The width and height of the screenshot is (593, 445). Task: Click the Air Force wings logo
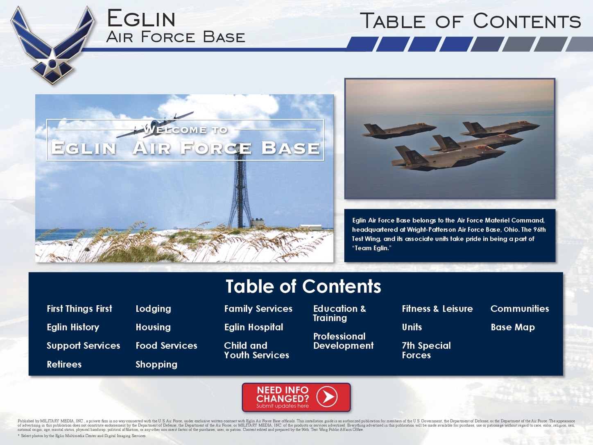(x=53, y=45)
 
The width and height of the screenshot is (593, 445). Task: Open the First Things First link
(x=79, y=309)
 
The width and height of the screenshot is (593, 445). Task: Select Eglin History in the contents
(x=73, y=327)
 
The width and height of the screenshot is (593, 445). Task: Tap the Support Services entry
(x=83, y=345)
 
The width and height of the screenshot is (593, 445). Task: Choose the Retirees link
(x=64, y=364)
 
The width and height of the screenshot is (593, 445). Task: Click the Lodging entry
(x=153, y=309)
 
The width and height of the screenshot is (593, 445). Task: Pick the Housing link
(x=153, y=327)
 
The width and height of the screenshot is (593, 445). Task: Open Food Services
(x=166, y=345)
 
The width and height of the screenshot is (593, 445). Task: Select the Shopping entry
(x=156, y=365)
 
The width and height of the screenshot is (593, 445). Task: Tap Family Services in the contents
(x=258, y=309)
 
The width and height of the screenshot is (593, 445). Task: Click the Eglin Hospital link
(x=253, y=327)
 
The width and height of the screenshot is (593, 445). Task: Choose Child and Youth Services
(x=256, y=350)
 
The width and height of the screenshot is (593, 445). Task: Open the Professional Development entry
(x=343, y=341)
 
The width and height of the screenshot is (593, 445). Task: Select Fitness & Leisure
(x=437, y=309)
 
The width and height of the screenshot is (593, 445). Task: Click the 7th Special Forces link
(x=426, y=350)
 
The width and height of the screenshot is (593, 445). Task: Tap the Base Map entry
(x=512, y=327)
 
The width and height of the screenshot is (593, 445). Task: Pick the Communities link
(x=520, y=309)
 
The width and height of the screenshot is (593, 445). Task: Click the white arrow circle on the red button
(x=327, y=397)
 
